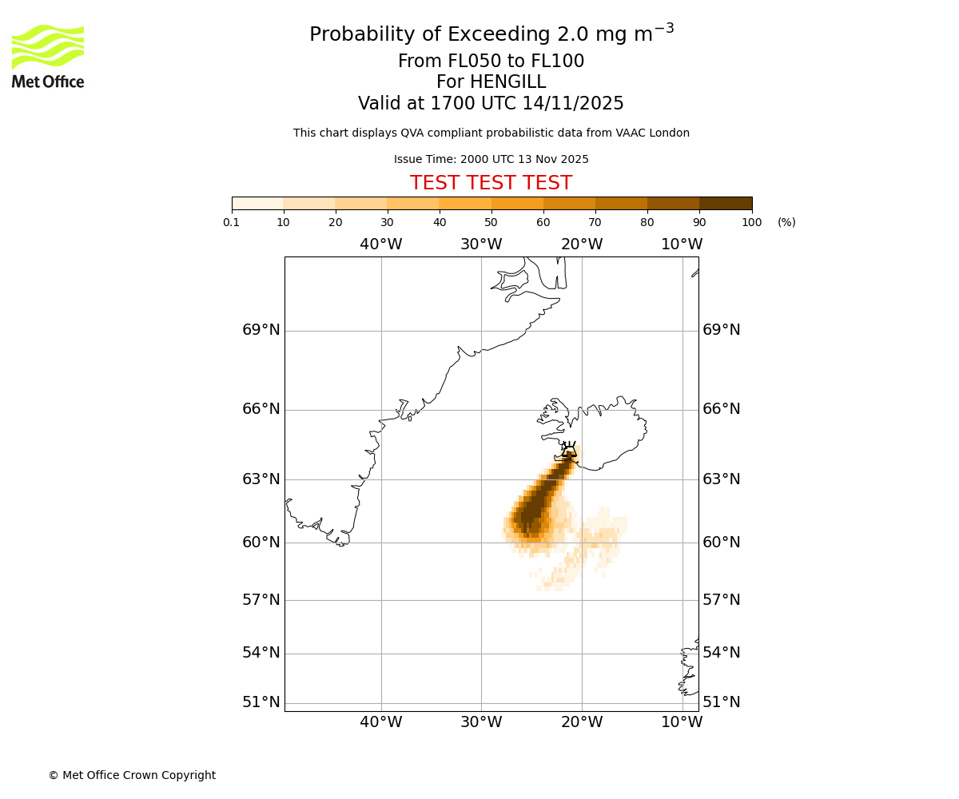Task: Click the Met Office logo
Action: pyautogui.click(x=48, y=56)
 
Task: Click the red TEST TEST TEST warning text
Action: pyautogui.click(x=491, y=184)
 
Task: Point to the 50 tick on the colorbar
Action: pyautogui.click(x=491, y=223)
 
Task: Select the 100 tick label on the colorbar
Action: pyautogui.click(x=751, y=223)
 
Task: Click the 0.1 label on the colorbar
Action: pyautogui.click(x=232, y=223)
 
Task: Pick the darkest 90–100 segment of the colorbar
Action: pyautogui.click(x=726, y=204)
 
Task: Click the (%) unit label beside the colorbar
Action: pyautogui.click(x=786, y=223)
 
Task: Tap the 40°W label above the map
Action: pyautogui.click(x=380, y=244)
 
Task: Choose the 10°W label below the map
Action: pyautogui.click(x=682, y=722)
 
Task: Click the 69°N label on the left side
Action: pyautogui.click(x=261, y=330)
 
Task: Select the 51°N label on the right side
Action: pyautogui.click(x=721, y=702)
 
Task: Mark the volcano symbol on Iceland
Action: pyautogui.click(x=569, y=449)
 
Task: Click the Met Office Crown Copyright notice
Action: pyautogui.click(x=132, y=776)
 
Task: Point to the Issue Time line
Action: pyautogui.click(x=491, y=160)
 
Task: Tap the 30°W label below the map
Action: pyautogui.click(x=481, y=722)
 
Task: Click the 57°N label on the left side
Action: pyautogui.click(x=261, y=600)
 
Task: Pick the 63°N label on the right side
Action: pyautogui.click(x=721, y=479)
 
